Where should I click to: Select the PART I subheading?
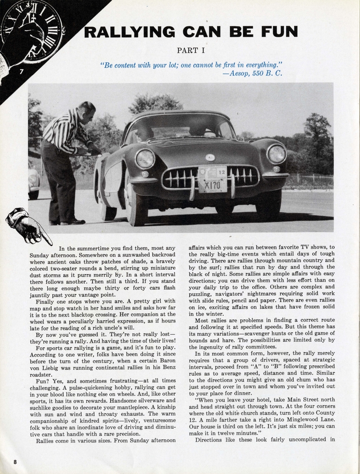[191, 50]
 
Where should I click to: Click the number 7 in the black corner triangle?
[21, 72]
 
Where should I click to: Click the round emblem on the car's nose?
[210, 157]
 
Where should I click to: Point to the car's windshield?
[178, 127]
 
